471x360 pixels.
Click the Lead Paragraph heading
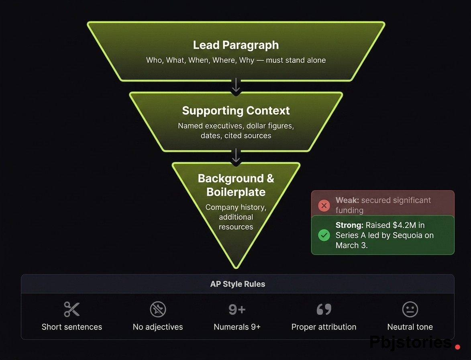236,45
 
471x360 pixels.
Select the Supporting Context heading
236,110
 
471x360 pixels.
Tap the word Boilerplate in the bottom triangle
236,192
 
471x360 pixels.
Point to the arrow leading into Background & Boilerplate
236,156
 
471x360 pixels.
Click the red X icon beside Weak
324,205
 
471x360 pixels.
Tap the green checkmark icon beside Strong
324,235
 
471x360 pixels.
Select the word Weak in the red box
347,200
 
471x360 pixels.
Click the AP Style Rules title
238,284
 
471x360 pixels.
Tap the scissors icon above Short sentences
72,309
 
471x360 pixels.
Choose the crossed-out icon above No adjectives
158,309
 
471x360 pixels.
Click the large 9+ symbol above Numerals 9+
237,309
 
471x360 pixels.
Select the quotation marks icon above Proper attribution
324,309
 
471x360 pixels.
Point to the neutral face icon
410,309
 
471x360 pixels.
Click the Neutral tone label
410,327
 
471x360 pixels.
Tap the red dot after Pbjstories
458,346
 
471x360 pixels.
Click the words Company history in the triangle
236,207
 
